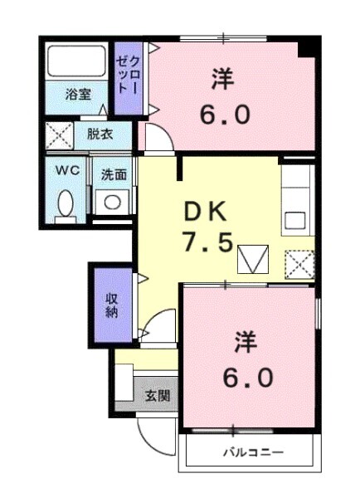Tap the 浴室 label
[x=79, y=94]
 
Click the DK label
[x=206, y=212]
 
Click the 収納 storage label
[x=112, y=306]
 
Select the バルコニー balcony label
[x=252, y=453]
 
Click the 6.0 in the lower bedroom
[x=246, y=378]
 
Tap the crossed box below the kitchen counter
[x=299, y=265]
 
